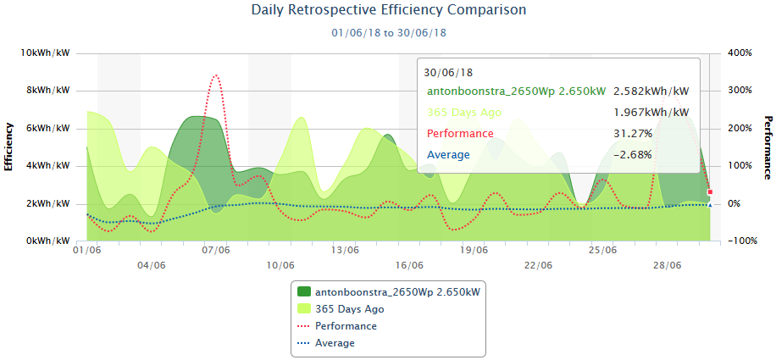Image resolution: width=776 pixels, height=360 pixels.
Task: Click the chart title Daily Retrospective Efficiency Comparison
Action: coord(389,11)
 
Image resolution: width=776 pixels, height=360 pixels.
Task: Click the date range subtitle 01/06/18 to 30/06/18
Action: coord(389,33)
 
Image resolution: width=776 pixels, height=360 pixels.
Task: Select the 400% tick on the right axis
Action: coord(739,53)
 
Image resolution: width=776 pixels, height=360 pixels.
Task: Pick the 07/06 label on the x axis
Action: coord(216,251)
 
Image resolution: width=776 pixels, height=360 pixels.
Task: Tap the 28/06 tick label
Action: coord(668,265)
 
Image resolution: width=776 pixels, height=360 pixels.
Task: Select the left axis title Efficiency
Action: coord(9,147)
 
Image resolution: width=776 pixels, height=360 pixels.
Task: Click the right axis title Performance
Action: coord(768,147)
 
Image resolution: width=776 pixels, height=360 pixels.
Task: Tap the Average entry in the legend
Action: coord(335,343)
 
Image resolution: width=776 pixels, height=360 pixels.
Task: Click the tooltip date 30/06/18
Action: coord(448,73)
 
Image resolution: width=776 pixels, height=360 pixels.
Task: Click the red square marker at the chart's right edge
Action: coord(710,192)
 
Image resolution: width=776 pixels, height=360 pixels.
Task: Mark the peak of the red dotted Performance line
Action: coord(217,75)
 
